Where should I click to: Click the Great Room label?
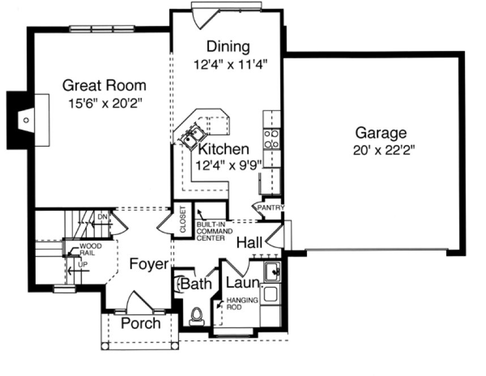(x=104, y=86)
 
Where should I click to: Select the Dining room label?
(x=228, y=46)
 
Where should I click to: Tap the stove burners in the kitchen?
(x=271, y=139)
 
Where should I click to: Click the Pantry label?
(x=270, y=208)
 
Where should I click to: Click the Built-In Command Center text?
(x=211, y=232)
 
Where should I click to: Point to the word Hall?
(x=249, y=243)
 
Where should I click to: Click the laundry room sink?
(x=272, y=271)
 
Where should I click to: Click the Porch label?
(x=140, y=323)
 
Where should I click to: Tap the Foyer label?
(x=148, y=264)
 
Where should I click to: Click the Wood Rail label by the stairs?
(x=89, y=250)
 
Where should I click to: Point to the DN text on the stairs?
(x=102, y=217)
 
